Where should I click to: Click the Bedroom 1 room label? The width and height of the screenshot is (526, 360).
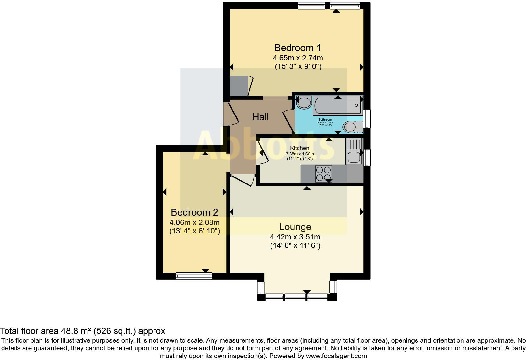tap(298, 48)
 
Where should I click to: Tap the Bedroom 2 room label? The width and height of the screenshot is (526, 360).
tap(194, 212)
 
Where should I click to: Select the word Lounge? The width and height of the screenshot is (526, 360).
tap(295, 227)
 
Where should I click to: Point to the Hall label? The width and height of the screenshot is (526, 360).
tap(260, 117)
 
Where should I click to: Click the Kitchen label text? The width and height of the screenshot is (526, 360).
tap(299, 148)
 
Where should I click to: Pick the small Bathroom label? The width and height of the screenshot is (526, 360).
tap(325, 120)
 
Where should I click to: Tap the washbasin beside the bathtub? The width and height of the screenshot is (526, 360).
tap(304, 103)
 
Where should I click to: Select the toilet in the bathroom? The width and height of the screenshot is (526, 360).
tap(352, 127)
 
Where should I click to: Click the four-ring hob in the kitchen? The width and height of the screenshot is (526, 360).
tap(323, 174)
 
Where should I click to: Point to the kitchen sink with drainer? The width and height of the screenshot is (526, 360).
tap(354, 151)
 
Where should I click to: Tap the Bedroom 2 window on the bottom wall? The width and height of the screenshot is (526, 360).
tap(194, 276)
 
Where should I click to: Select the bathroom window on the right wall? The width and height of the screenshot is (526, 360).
tap(367, 119)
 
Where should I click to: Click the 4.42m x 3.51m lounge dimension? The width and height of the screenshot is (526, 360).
tap(295, 237)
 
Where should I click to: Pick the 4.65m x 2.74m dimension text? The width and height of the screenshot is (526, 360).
tap(298, 58)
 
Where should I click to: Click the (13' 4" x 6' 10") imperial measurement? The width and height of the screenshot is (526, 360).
tap(194, 231)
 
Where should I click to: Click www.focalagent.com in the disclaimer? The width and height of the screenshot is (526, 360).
tap(336, 356)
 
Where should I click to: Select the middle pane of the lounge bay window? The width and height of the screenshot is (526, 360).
tap(295, 297)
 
